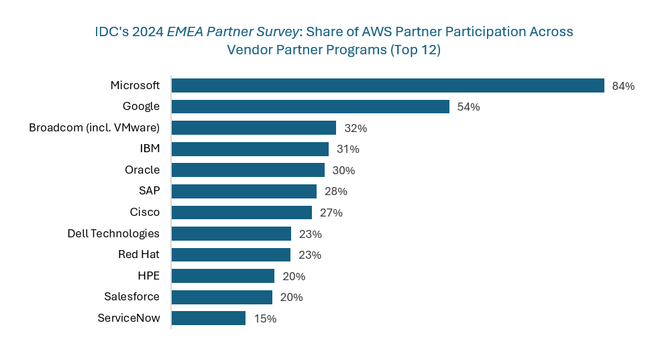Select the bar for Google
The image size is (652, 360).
click(x=310, y=107)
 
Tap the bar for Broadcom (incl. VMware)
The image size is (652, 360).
click(x=254, y=128)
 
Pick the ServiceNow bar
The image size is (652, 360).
click(x=209, y=318)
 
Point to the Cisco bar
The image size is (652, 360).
click(x=241, y=213)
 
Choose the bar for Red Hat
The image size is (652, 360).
click(x=231, y=255)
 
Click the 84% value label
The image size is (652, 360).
click(x=623, y=86)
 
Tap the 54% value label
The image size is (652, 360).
click(x=468, y=107)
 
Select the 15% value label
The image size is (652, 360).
click(x=265, y=319)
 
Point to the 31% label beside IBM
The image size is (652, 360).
click(x=347, y=149)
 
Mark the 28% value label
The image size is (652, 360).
click(x=335, y=192)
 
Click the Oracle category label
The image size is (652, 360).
click(x=142, y=170)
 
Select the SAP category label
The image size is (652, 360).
click(x=149, y=191)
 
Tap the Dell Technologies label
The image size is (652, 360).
click(x=113, y=233)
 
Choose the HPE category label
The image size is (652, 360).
click(x=148, y=276)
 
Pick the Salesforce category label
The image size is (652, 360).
click(x=131, y=297)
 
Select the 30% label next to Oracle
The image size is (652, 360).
click(x=343, y=170)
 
